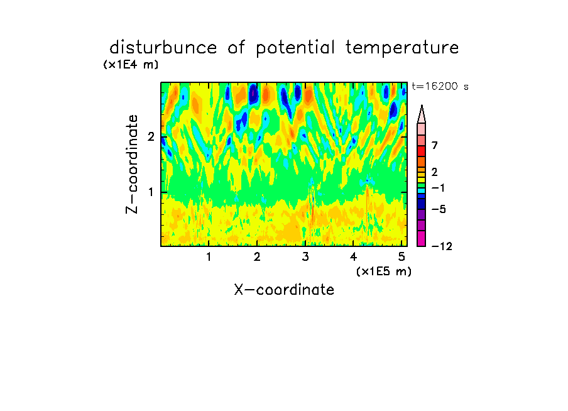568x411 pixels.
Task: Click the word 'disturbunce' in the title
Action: coord(163,48)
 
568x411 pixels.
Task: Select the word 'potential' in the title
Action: coord(295,48)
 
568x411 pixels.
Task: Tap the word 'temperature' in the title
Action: coord(402,48)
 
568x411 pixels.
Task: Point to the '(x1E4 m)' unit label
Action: coord(131,65)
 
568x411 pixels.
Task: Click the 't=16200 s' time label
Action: coord(440,86)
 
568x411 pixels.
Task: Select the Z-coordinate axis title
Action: coord(132,164)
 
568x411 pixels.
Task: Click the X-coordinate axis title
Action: coord(284,290)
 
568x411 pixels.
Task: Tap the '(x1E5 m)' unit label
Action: coord(384,271)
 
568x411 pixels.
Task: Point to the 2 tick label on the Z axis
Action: coord(151,137)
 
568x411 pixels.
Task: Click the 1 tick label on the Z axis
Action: coord(151,192)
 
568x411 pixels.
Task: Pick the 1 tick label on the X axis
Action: coord(209,257)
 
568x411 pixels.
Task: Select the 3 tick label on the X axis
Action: coord(305,257)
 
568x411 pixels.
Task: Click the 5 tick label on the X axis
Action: coord(401,257)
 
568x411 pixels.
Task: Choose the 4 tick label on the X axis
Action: coord(354,257)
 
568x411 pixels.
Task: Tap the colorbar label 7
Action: coord(435,146)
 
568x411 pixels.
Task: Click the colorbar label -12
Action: coord(442,246)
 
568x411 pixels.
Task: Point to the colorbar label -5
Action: coord(439,209)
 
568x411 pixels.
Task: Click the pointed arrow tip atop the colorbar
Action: coord(422,106)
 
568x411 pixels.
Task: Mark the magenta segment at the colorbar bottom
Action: coord(422,238)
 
